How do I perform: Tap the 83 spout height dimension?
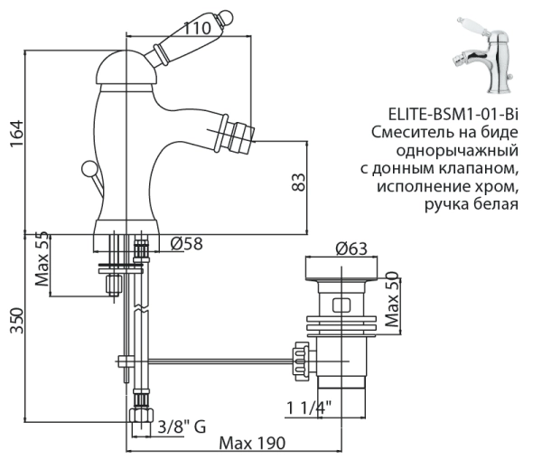[297, 181]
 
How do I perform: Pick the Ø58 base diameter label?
[186, 243]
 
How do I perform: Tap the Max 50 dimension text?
[391, 303]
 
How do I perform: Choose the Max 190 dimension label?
[252, 444]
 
